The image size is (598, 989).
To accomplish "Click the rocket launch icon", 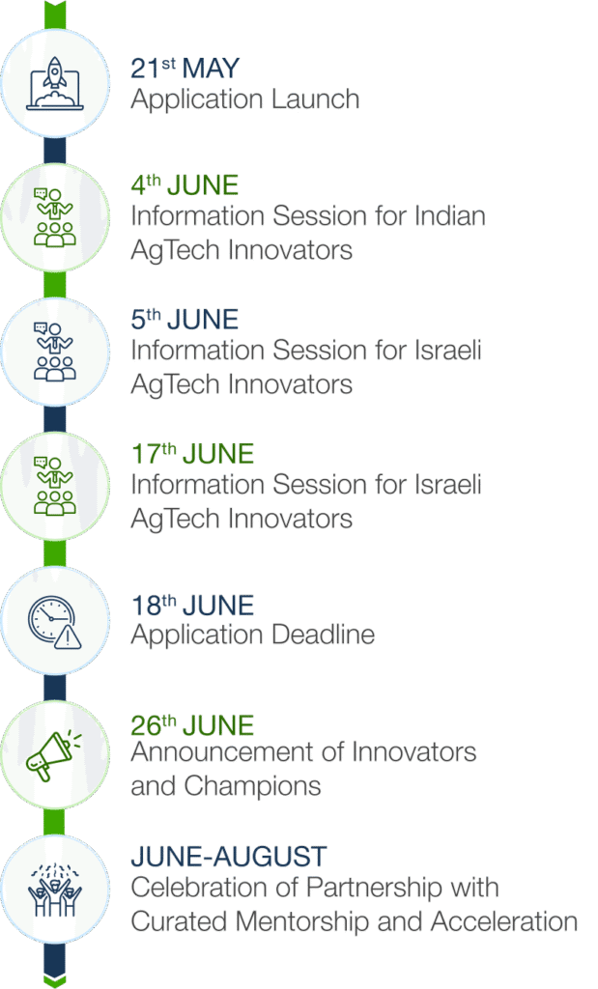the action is pyautogui.click(x=55, y=83).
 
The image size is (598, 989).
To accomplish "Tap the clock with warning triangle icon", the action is pyautogui.click(x=55, y=622).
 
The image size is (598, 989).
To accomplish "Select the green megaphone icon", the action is pyautogui.click(x=54, y=755).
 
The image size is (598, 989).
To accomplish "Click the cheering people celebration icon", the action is pyautogui.click(x=55, y=890).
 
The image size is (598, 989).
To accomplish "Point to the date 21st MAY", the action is pyautogui.click(x=185, y=69).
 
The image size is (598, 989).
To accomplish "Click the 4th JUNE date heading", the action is pyautogui.click(x=185, y=184).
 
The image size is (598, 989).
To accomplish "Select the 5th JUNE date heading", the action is pyautogui.click(x=185, y=319).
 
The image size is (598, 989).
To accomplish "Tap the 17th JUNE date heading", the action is pyautogui.click(x=192, y=454).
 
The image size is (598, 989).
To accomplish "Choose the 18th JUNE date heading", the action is pyautogui.click(x=192, y=605).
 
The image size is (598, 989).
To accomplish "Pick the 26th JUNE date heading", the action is pyautogui.click(x=192, y=725).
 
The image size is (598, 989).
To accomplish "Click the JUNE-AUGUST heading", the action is pyautogui.click(x=229, y=857).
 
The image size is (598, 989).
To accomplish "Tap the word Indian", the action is pyautogui.click(x=450, y=215).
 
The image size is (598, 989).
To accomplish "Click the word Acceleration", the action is pyautogui.click(x=504, y=921).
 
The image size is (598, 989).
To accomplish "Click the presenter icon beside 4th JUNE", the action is pyautogui.click(x=55, y=217).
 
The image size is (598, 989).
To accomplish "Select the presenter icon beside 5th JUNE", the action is pyautogui.click(x=55, y=352).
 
